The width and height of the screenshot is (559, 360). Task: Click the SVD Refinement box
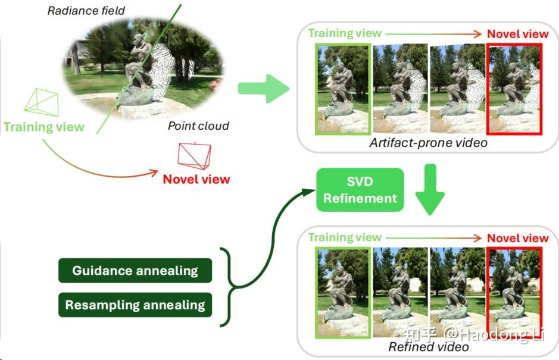[360, 190]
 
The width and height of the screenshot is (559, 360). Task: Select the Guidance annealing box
[135, 271]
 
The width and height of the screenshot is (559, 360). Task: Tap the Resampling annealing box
[135, 305]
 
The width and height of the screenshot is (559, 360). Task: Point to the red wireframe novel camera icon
[195, 156]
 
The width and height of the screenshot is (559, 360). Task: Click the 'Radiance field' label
[86, 11]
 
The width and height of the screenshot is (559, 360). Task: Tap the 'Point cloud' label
[198, 126]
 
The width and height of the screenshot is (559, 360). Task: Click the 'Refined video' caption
[429, 346]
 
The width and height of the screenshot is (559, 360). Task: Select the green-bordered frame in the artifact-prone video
[343, 88]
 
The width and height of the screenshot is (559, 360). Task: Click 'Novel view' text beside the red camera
[196, 179]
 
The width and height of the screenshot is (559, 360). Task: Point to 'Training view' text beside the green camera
[44, 127]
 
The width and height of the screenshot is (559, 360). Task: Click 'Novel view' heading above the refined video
[517, 238]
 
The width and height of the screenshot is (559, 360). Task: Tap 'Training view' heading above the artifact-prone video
[345, 33]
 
